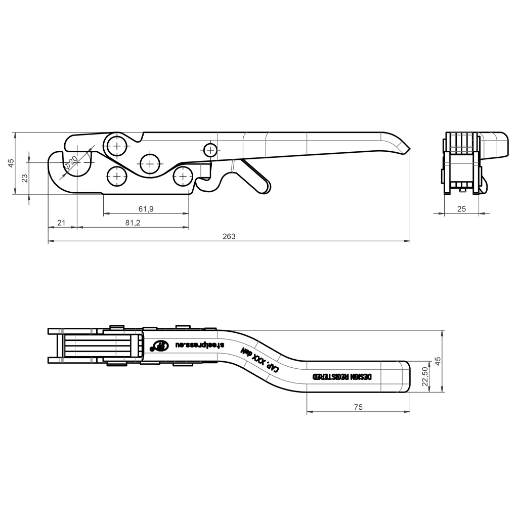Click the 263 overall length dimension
coord(229,236)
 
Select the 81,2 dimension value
coord(132,223)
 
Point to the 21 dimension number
coord(62,223)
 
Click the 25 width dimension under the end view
coord(461,208)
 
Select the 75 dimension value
coord(358,406)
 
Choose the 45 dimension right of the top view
coord(438,361)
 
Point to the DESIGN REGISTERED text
coord(342,377)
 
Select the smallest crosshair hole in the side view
coord(210,149)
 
